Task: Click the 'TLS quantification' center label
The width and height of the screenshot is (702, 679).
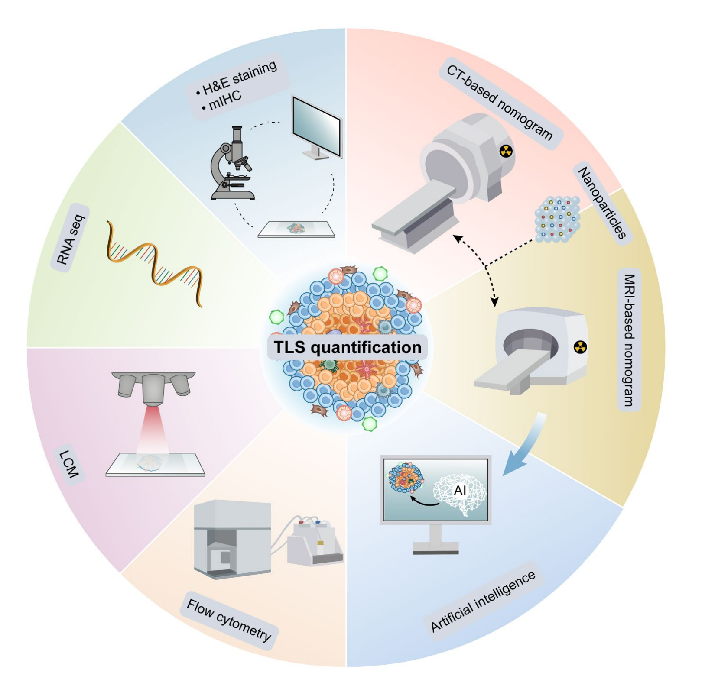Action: (347, 347)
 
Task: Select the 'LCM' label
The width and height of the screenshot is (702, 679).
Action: (70, 464)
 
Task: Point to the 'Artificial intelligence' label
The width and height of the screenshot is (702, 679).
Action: (483, 601)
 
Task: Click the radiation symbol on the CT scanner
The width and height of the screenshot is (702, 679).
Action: (506, 151)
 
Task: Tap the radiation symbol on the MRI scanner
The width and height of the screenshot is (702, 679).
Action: (580, 347)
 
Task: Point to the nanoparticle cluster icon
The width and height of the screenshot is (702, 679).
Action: (557, 219)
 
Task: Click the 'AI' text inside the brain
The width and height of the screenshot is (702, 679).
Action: (460, 490)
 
